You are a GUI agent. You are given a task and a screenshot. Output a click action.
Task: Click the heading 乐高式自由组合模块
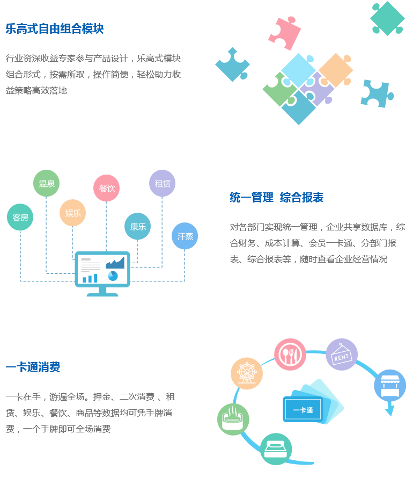(54, 29)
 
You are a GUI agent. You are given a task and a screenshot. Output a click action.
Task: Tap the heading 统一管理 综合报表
(276, 197)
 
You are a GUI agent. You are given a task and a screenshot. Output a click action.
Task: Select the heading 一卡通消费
(33, 367)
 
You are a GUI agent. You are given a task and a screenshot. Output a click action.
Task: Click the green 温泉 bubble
(47, 183)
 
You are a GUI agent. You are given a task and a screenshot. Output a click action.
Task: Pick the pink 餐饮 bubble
(107, 188)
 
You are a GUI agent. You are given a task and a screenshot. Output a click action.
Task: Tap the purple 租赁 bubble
(162, 183)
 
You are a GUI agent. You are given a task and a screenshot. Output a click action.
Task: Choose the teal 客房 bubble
(20, 218)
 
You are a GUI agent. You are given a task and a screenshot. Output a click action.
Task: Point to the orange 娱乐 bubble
(72, 213)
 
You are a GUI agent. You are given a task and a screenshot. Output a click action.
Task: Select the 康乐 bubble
(138, 226)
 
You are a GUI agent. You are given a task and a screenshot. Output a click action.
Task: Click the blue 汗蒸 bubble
(185, 236)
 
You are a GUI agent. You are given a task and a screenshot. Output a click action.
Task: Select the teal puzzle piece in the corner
(387, 18)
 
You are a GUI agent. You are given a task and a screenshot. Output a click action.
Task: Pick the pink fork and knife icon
(290, 354)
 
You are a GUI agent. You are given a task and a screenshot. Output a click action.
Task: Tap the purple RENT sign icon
(341, 355)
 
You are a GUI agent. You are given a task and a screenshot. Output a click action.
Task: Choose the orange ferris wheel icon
(247, 373)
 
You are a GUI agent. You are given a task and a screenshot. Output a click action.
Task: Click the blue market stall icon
(389, 385)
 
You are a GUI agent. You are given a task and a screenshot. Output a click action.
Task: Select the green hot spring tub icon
(233, 419)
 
